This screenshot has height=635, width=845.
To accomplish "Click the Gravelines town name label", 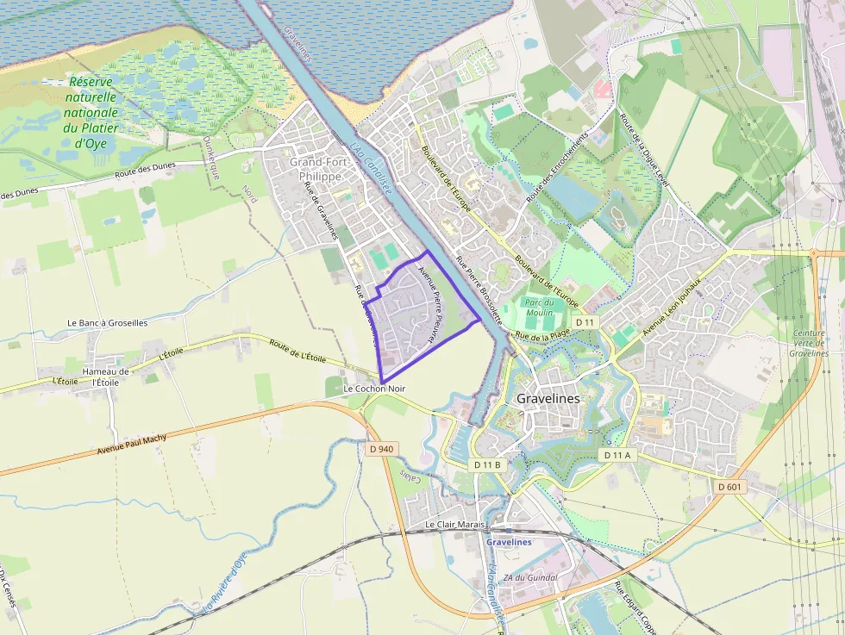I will pos(548,399).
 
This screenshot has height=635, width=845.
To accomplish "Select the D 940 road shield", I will pos(380,449).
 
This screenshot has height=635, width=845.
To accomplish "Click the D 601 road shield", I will pos(729,487).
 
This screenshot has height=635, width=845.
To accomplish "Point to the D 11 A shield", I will pos(617,454).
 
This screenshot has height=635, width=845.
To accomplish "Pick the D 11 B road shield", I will pos(487,464).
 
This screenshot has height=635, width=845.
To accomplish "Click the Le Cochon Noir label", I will pos(374,389).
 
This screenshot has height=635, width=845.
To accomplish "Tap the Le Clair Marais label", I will pos(455,524).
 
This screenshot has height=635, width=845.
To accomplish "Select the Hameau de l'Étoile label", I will pos(105,377).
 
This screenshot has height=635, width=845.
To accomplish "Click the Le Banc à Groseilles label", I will pos(108,323).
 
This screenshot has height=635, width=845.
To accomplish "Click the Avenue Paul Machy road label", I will pos(132,444).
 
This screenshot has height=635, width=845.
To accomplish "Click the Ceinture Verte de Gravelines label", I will pos(809,343).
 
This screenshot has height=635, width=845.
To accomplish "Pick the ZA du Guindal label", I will pos(530,577).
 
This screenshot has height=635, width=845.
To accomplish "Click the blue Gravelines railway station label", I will pos(509,542).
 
